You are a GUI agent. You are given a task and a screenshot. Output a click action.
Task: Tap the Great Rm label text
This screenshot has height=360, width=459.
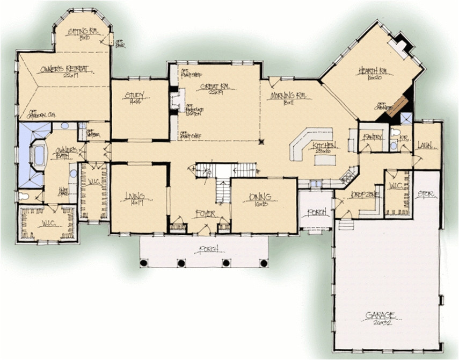(213, 87)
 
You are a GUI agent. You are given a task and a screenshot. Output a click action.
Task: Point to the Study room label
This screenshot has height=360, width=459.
(135, 96)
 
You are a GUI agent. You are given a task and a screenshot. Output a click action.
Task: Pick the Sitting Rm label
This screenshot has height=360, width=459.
(82, 32)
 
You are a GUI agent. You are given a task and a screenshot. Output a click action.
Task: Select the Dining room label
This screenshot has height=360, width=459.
(260, 197)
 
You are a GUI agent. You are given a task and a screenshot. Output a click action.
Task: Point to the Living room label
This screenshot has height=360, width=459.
(135, 197)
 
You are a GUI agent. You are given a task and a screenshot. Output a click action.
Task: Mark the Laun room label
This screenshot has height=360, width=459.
(426, 145)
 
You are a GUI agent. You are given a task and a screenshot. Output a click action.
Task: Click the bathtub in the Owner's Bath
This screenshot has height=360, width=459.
(39, 155)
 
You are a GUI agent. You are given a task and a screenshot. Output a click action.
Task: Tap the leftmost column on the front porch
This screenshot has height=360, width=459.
(144, 263)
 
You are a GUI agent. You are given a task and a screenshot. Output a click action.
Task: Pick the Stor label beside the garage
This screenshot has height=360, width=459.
(425, 193)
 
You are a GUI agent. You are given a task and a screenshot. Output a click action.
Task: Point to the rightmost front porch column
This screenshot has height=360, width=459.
(264, 263)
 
